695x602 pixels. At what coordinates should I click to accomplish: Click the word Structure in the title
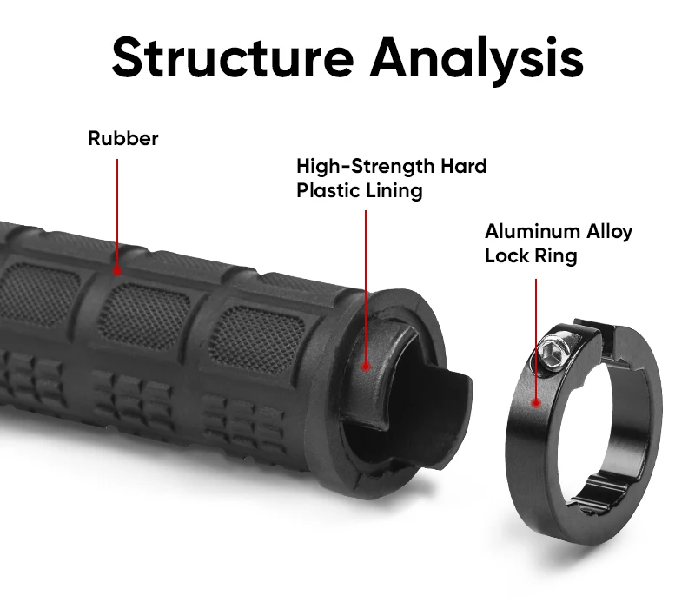tap(233, 56)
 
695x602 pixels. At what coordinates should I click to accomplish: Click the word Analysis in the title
tap(476, 56)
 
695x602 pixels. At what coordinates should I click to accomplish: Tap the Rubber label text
tap(123, 138)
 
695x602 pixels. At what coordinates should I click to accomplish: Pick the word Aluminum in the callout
tap(532, 232)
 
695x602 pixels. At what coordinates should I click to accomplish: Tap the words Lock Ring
tap(530, 256)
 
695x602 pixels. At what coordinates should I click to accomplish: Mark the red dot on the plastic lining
tap(366, 367)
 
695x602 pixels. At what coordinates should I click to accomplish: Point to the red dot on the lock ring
tap(536, 402)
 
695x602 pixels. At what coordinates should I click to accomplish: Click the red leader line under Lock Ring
tap(536, 339)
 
